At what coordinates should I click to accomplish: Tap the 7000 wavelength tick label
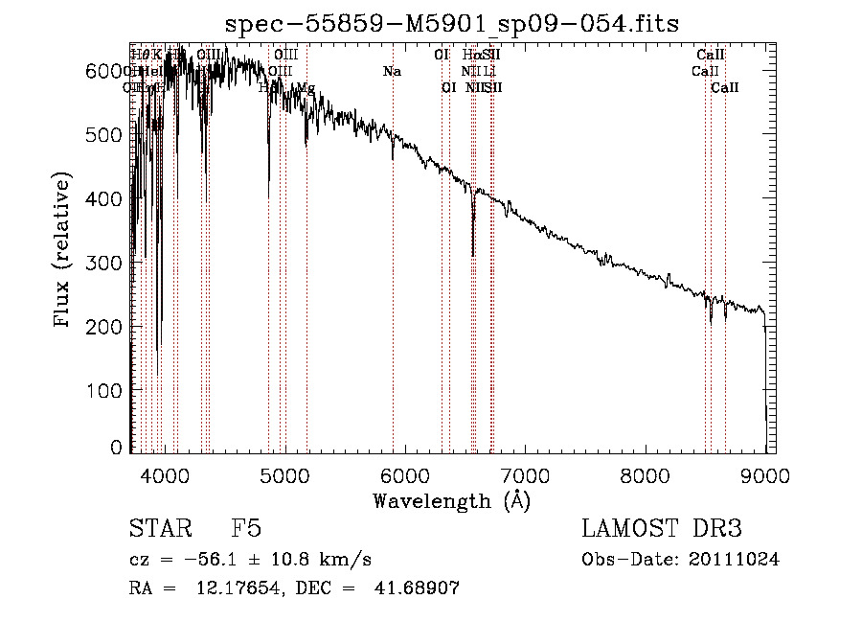[525, 475]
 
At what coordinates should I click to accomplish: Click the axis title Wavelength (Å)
[451, 500]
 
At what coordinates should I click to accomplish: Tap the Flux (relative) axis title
[64, 251]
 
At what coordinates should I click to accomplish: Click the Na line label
[392, 72]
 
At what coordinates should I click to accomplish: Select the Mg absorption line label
[305, 88]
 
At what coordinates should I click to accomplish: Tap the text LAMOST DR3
[662, 529]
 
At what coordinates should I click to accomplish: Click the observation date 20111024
[733, 560]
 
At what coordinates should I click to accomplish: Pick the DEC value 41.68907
[420, 588]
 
